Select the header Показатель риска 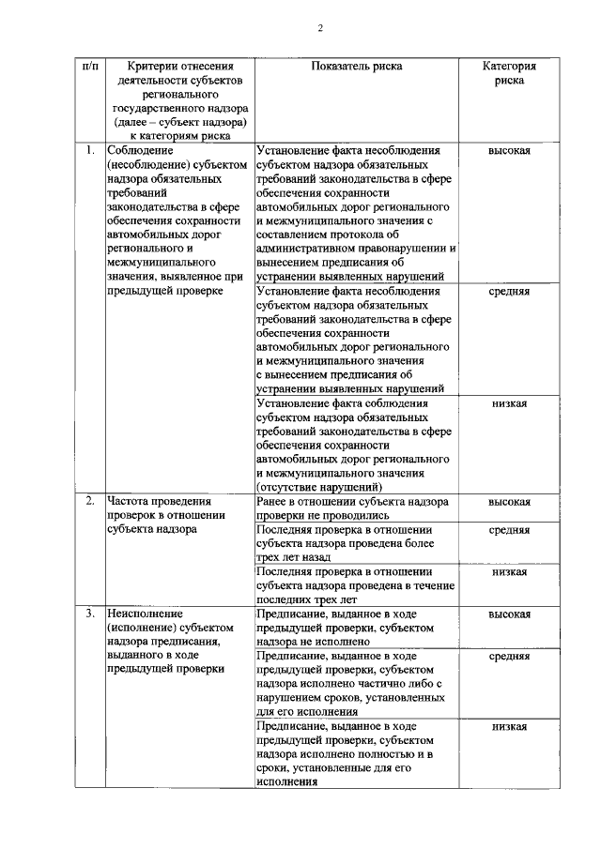tap(357, 68)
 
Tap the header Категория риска tap(509, 74)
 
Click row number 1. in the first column tap(89, 150)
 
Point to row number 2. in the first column tap(89, 502)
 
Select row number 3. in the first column tap(89, 614)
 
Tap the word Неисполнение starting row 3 tap(143, 614)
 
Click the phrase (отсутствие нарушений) tap(318, 488)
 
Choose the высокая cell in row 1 tap(509, 150)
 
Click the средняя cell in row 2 tap(509, 530)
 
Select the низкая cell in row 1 tap(509, 403)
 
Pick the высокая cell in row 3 tap(509, 614)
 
